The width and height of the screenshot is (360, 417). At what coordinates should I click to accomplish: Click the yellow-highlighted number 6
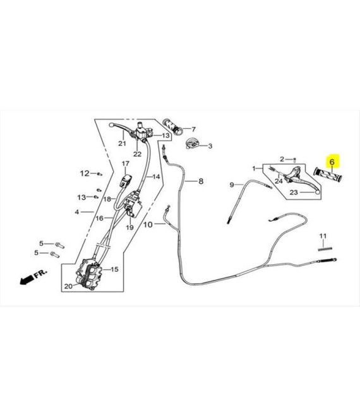tap(332, 162)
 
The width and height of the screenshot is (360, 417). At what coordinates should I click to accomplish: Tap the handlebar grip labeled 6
tap(328, 174)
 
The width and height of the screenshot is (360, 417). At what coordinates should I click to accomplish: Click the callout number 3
tap(210, 146)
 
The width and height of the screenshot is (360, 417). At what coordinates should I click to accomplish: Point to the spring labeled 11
tap(325, 249)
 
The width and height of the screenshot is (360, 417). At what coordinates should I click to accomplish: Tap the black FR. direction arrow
tap(27, 279)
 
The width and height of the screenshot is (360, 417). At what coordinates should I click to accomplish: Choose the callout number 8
tap(201, 181)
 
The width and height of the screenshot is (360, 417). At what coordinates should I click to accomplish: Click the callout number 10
tap(148, 225)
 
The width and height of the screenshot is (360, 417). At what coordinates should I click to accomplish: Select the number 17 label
tap(126, 164)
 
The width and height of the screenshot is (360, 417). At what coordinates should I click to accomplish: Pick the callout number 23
tap(294, 192)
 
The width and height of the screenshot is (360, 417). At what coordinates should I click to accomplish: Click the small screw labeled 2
tap(294, 160)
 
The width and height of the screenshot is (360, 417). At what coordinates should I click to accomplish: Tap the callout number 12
tap(85, 173)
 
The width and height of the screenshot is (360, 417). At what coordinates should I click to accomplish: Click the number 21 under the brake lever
tap(122, 143)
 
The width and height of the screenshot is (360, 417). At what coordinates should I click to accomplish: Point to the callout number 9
tap(232, 185)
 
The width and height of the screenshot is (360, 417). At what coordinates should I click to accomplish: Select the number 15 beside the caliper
tap(114, 269)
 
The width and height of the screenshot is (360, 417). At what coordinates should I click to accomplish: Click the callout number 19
tap(129, 227)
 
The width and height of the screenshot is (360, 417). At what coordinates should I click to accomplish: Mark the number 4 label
tap(77, 212)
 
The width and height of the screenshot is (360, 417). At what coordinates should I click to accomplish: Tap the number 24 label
tap(279, 181)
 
